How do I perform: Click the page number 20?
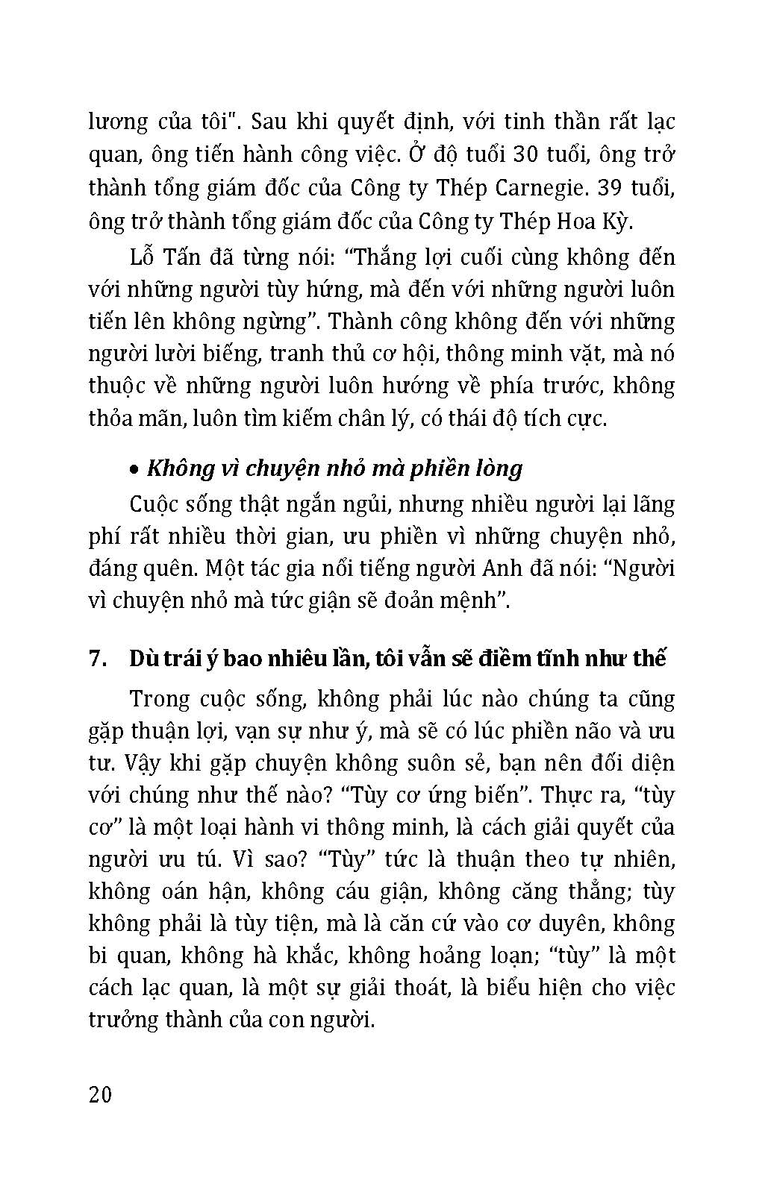100,1095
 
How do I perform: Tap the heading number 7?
95,659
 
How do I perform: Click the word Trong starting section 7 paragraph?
160,699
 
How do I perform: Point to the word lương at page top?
119,122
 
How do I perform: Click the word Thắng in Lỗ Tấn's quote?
390,257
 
